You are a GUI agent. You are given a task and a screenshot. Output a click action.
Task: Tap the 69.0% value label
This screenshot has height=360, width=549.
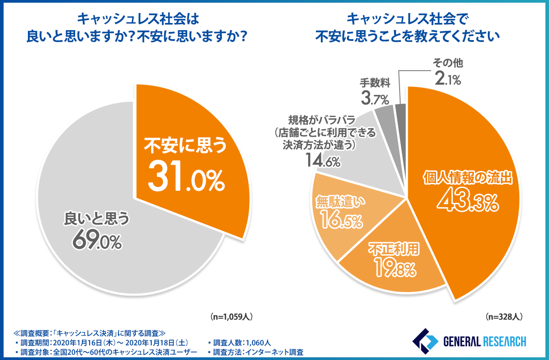point(97,240)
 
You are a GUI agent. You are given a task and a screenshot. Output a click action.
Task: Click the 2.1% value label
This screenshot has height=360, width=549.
point(448,80)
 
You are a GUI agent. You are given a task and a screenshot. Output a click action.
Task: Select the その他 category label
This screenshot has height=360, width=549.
point(448,64)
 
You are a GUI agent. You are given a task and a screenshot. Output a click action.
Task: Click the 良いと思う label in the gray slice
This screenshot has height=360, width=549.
point(97,219)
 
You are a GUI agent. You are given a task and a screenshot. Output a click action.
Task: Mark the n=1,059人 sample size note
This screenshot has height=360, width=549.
point(231,316)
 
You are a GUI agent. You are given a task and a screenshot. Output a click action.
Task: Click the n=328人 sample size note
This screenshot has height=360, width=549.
point(504,316)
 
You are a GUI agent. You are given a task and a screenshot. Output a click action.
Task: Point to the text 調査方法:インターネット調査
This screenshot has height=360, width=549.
point(256,352)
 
